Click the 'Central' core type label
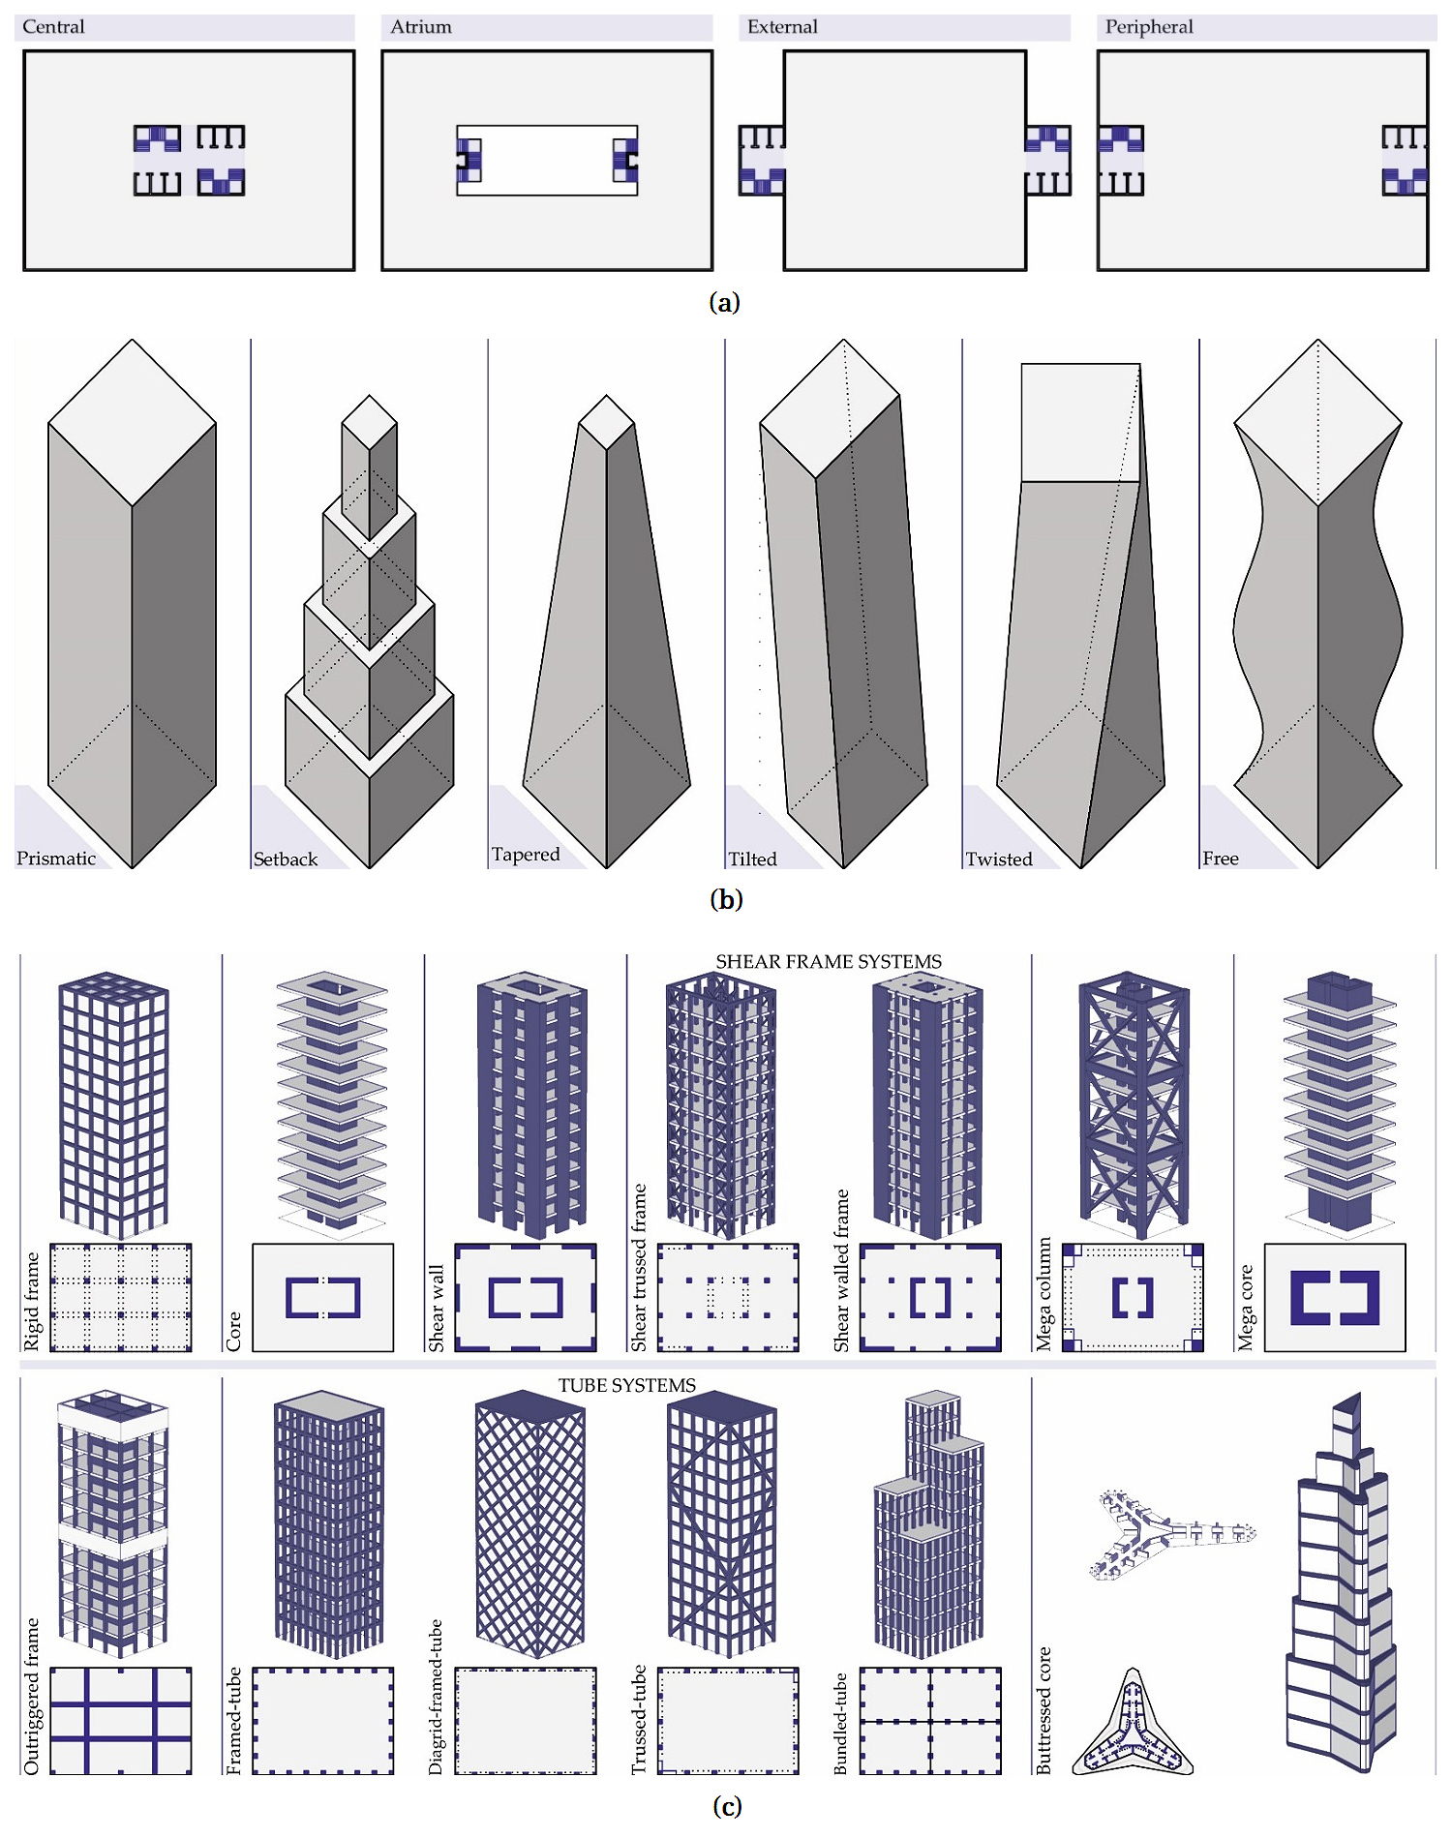point(53,27)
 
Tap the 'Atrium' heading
point(421,27)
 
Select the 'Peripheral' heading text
point(1149,27)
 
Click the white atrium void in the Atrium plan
point(547,161)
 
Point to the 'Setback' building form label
point(286,859)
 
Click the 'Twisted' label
point(999,859)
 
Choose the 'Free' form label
point(1221,859)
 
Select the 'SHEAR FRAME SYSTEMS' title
point(829,961)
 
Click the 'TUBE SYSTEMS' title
point(627,1385)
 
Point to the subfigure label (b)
point(726,899)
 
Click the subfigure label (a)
point(725,303)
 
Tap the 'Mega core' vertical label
point(1246,1307)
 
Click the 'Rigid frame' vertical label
point(32,1301)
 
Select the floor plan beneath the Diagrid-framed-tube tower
point(526,1720)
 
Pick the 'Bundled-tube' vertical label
point(840,1723)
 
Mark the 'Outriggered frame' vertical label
point(32,1696)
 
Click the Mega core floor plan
point(1335,1297)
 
